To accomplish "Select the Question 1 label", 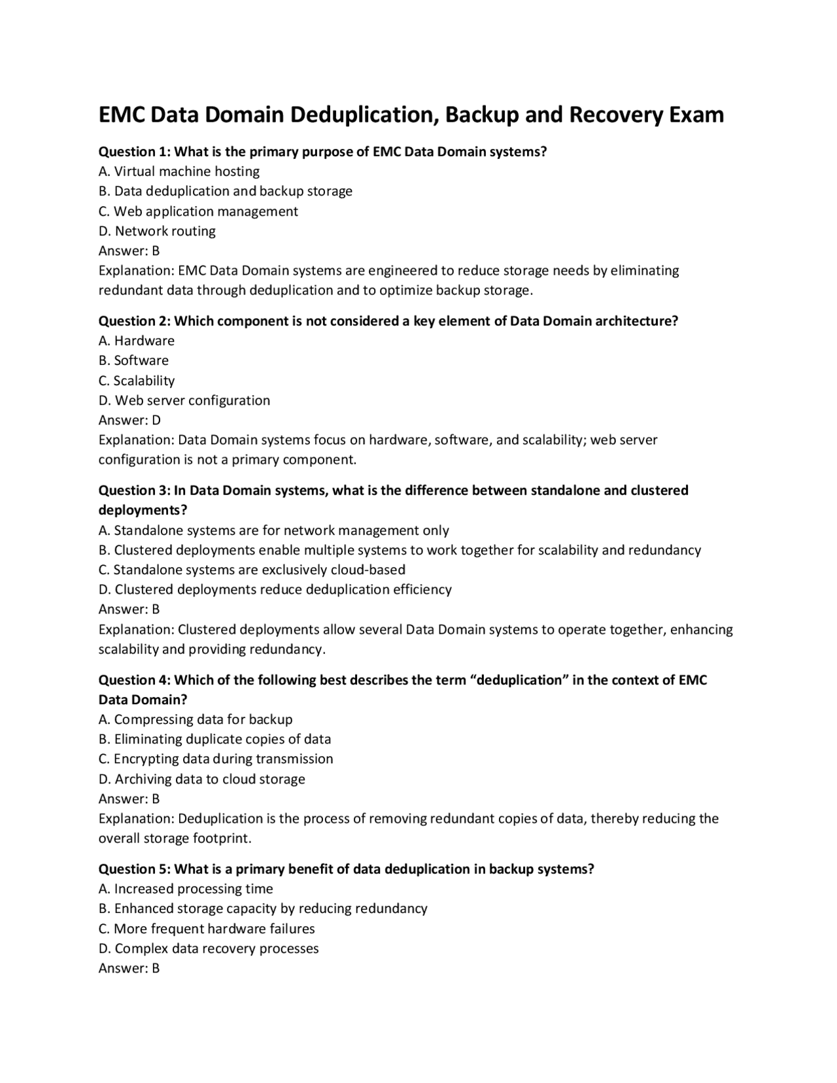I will point(134,152).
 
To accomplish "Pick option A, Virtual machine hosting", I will point(179,171).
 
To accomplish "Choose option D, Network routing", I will point(157,231).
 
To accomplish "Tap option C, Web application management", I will point(198,211).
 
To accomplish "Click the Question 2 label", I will point(134,321).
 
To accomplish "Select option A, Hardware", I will point(137,341).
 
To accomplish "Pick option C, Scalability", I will point(137,381).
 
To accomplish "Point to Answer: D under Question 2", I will point(129,420).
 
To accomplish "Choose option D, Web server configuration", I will point(184,400).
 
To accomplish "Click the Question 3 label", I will point(134,490).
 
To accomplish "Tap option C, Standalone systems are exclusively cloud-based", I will point(252,570).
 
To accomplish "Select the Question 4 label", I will point(134,680).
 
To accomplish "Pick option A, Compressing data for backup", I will point(196,719).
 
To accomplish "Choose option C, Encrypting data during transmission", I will point(216,759).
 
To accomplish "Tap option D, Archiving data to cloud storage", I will point(202,779).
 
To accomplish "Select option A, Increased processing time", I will point(186,889).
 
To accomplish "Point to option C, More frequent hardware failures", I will point(207,929).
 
